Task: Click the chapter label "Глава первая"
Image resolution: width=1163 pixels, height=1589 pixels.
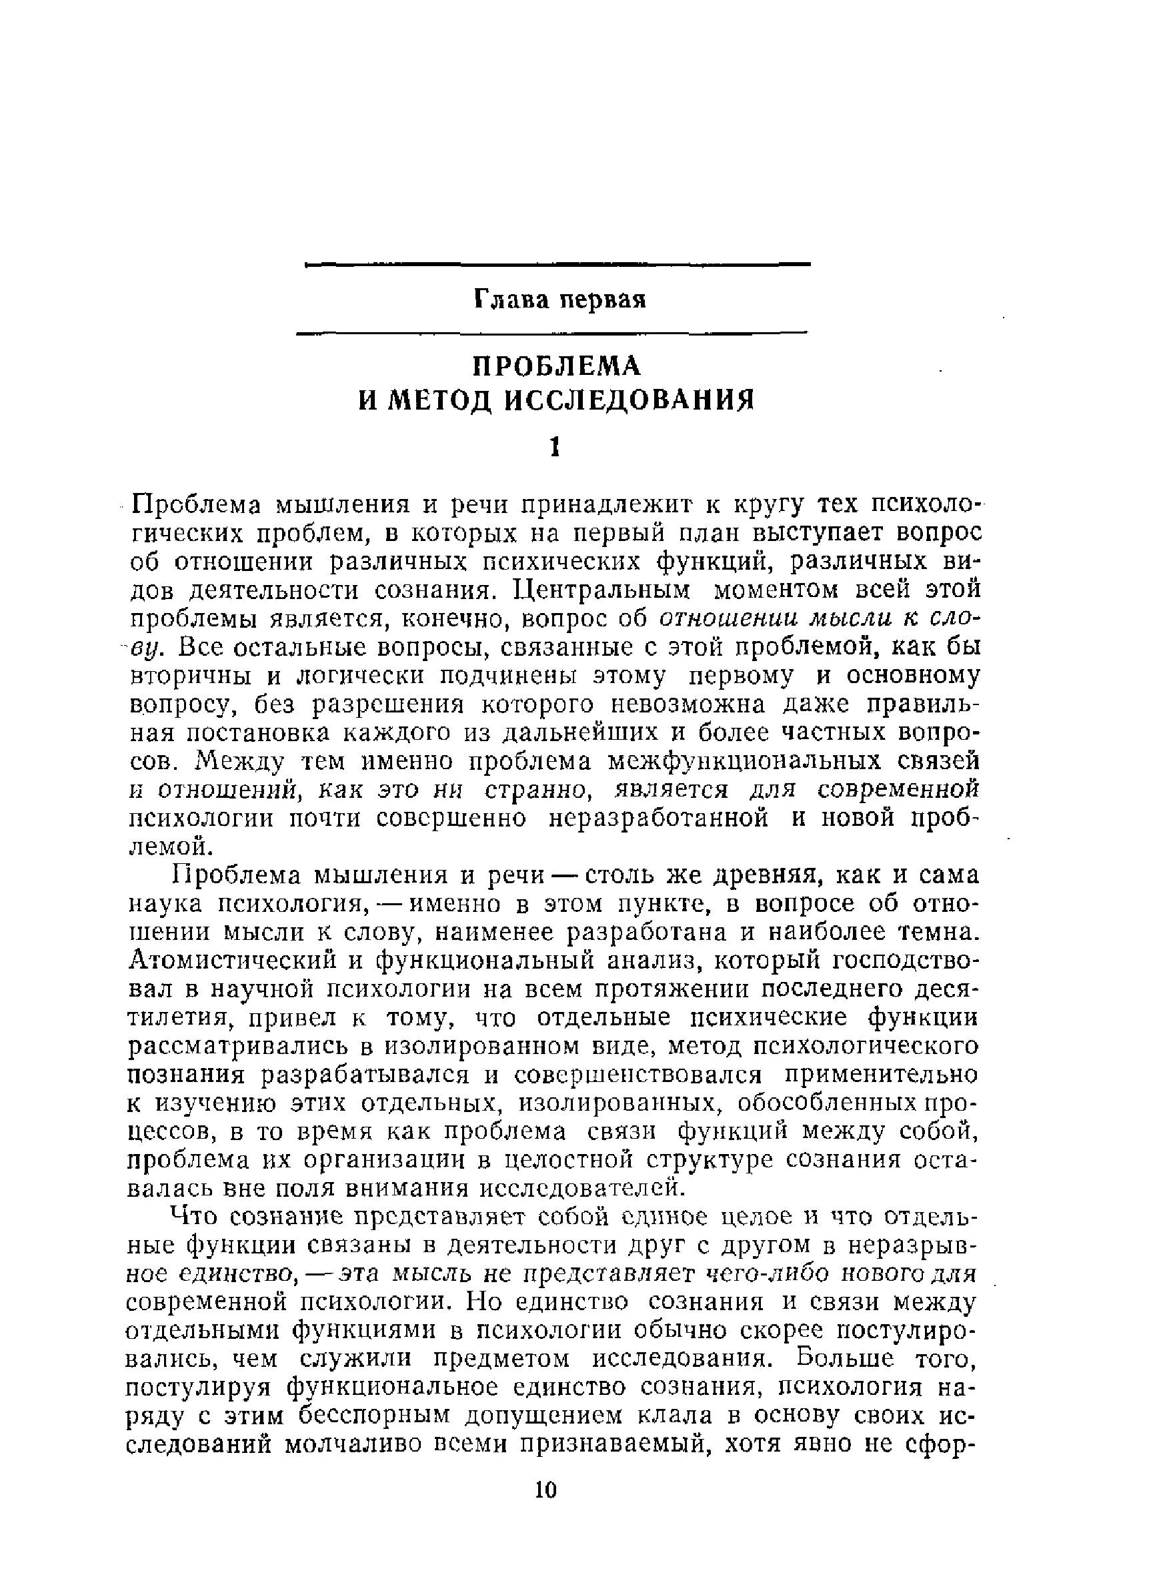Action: pyautogui.click(x=559, y=300)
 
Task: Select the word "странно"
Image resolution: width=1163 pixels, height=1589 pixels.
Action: pyautogui.click(x=537, y=790)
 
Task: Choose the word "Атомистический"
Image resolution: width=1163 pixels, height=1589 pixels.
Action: pyautogui.click(x=236, y=961)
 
